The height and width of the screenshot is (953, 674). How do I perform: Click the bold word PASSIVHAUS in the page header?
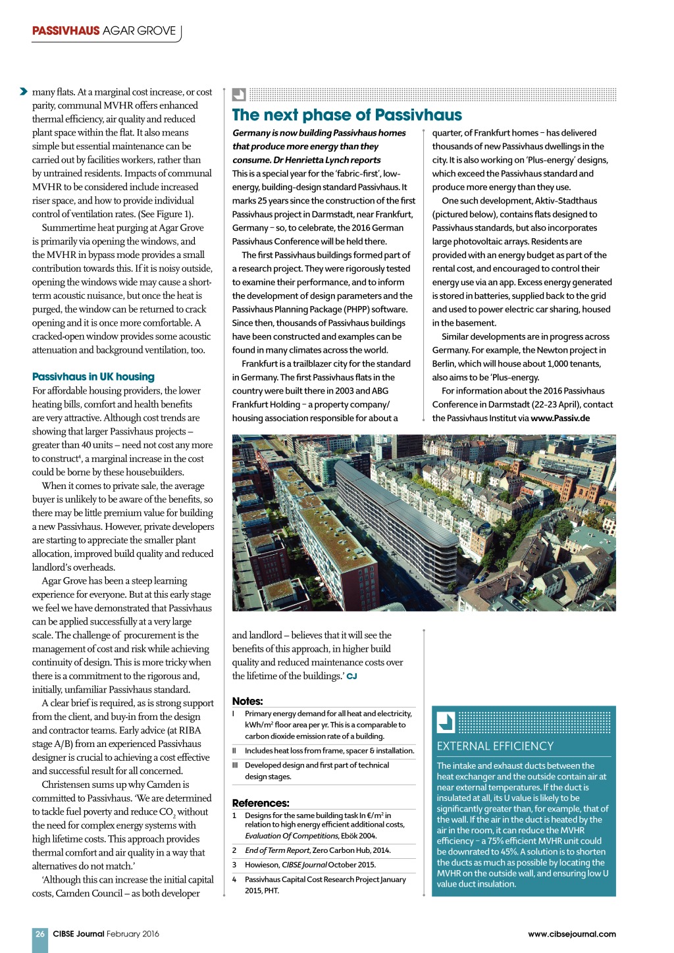tap(66, 31)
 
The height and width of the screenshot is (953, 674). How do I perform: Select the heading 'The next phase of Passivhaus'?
tap(347, 115)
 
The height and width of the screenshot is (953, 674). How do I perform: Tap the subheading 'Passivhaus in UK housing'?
tap(93, 376)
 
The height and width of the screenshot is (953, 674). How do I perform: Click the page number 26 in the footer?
tap(40, 933)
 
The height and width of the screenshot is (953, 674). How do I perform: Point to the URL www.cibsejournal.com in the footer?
tap(571, 933)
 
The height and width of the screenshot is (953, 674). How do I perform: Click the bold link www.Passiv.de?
tap(560, 418)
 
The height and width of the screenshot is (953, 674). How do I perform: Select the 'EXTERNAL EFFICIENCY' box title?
tap(495, 746)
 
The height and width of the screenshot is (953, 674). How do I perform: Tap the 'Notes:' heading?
tap(247, 701)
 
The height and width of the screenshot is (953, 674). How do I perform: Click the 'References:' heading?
tap(261, 803)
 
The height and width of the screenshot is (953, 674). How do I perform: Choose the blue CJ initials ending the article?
tap(351, 677)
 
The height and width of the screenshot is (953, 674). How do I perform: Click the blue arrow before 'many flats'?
tap(24, 91)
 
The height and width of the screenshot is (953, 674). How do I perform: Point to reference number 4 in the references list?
tap(234, 879)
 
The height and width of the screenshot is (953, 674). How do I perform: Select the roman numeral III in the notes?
tap(234, 765)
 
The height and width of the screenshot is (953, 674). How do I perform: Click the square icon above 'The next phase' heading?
tap(239, 94)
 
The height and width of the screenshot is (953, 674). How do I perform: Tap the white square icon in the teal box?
tap(446, 723)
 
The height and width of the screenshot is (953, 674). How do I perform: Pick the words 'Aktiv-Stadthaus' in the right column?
tap(566, 201)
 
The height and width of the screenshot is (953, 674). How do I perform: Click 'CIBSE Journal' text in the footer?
tap(78, 933)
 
